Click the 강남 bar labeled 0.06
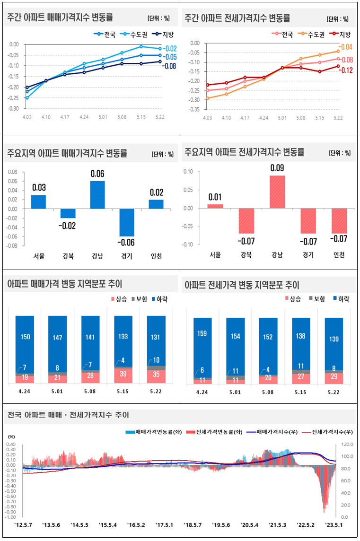[x=97, y=195]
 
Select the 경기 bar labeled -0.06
[x=127, y=223]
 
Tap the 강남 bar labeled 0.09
[x=278, y=192]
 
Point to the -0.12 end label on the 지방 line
[x=346, y=70]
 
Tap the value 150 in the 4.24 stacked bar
[x=25, y=337]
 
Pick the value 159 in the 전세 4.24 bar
[x=202, y=333]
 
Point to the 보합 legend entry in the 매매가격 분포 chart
[x=139, y=299]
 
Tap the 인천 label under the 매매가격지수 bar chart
[x=156, y=256]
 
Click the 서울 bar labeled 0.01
[x=215, y=206]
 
